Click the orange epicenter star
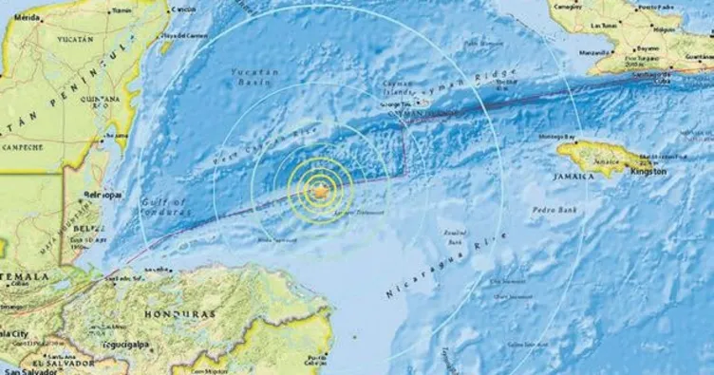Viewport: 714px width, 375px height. (322, 193)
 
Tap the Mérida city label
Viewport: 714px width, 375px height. (27, 18)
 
